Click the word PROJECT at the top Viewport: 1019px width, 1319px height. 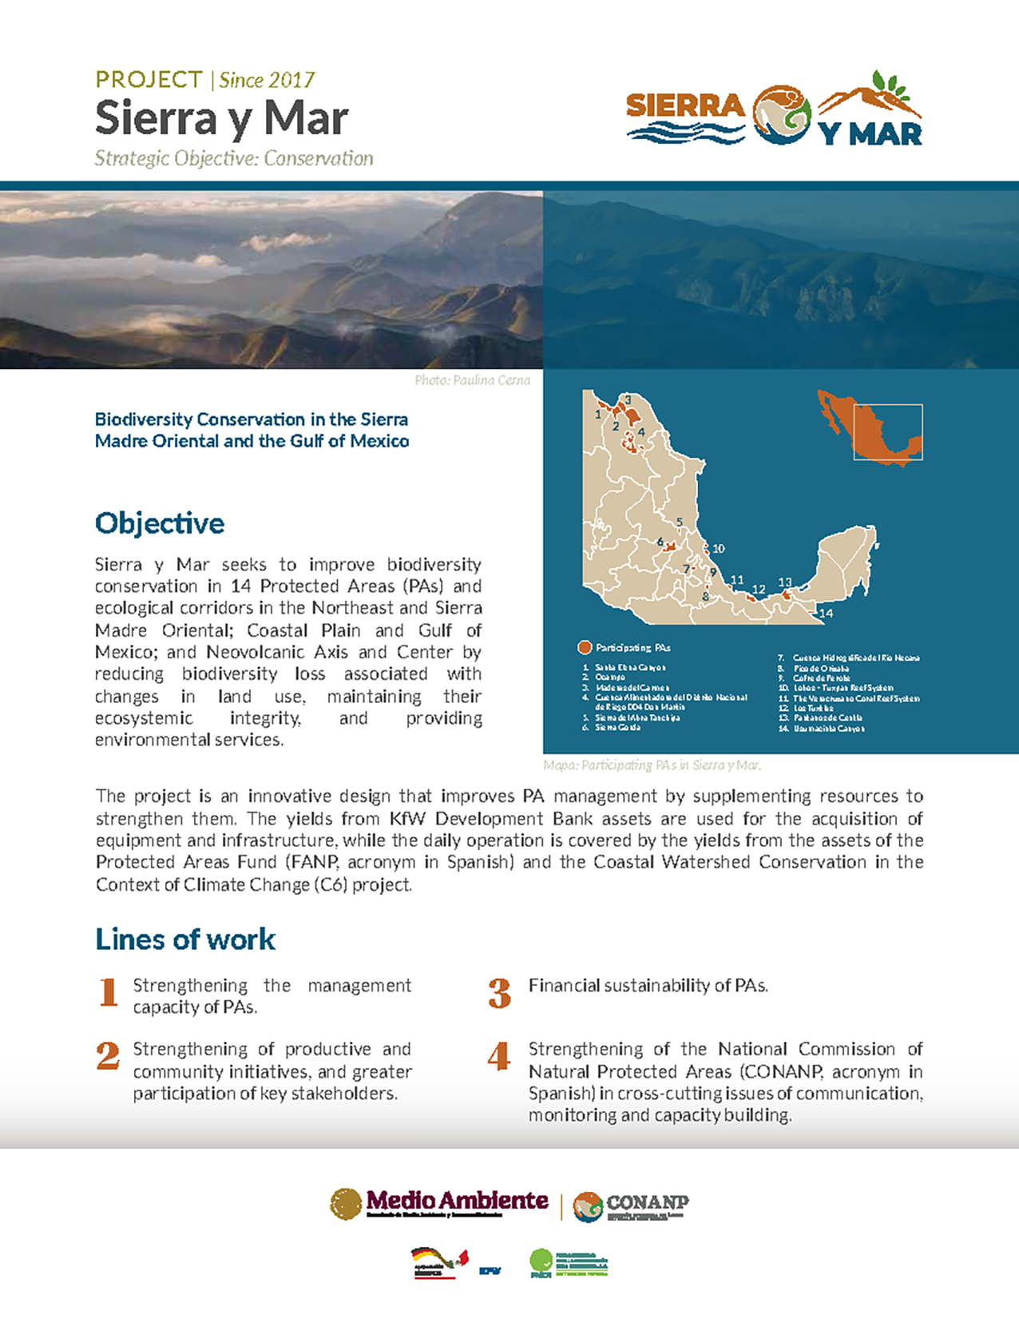tap(149, 80)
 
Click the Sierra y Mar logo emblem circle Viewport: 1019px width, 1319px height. tap(782, 116)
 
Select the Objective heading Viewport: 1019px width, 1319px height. tap(160, 523)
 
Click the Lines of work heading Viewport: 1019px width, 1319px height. tap(185, 940)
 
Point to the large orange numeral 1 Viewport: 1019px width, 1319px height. tap(109, 992)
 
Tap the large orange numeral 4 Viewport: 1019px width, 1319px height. tap(499, 1056)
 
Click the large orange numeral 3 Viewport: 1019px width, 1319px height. tap(500, 993)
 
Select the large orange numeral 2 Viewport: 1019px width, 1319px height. tap(108, 1056)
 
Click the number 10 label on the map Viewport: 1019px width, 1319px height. tap(718, 549)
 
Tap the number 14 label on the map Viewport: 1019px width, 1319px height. tap(826, 614)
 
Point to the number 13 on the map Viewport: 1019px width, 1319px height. tap(785, 583)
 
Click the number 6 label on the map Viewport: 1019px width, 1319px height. tap(660, 542)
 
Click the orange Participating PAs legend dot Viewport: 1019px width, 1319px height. tap(585, 647)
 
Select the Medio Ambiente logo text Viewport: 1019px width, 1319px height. tap(457, 1201)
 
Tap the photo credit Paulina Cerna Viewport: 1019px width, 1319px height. tap(472, 380)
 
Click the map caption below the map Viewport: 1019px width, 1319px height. tap(652, 765)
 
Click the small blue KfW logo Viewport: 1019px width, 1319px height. tap(490, 1270)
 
